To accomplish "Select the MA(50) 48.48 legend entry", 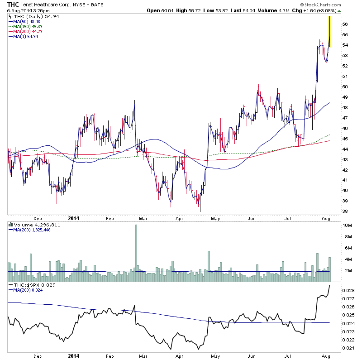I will [x=25, y=21].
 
